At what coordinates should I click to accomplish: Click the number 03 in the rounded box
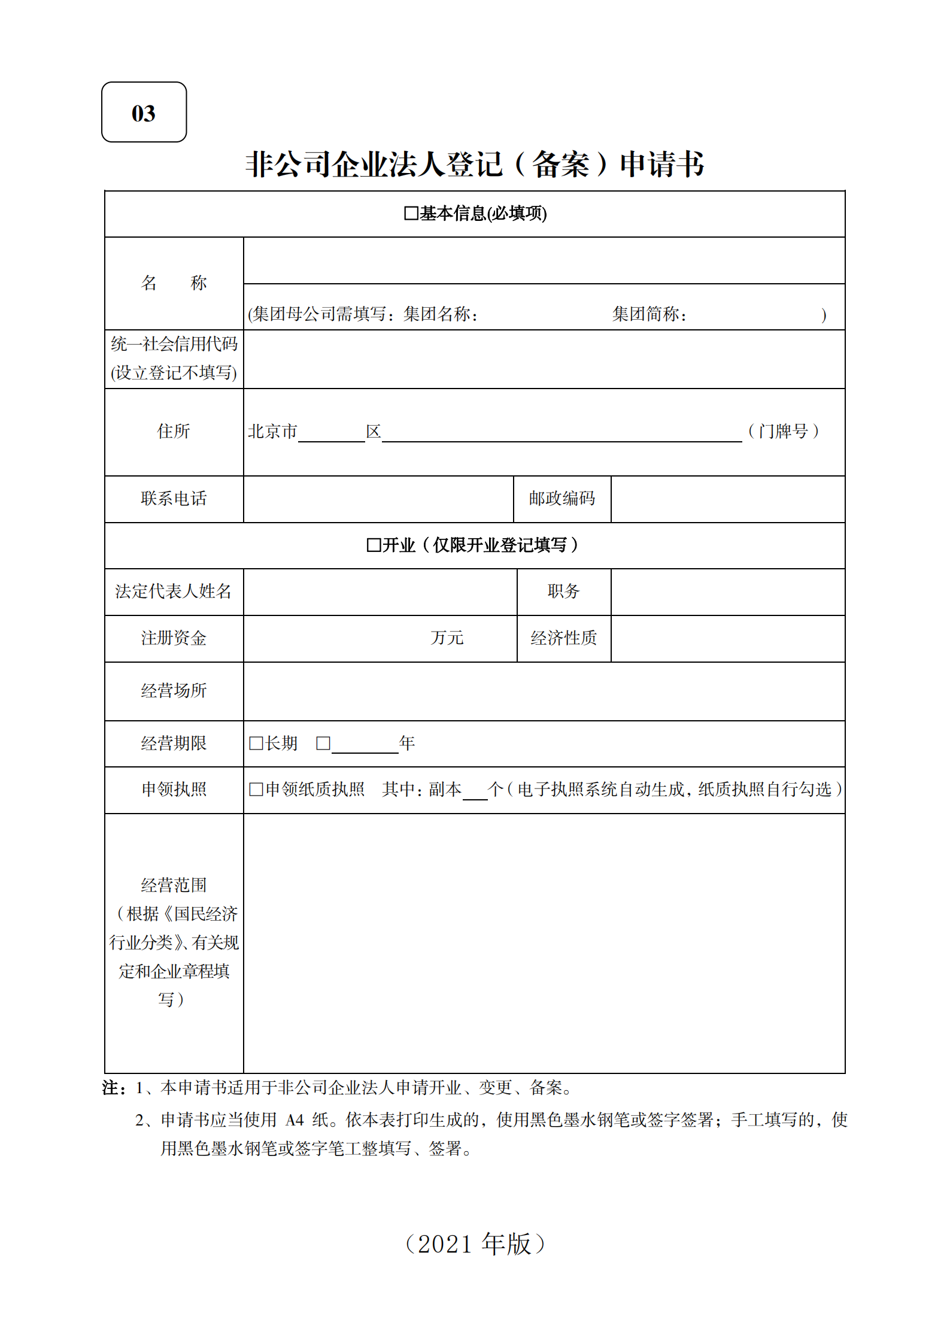[x=144, y=113]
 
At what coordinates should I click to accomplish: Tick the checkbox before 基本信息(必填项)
[x=411, y=213]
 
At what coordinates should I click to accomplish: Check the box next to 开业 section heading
[x=374, y=545]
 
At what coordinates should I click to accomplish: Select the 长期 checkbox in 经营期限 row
[x=256, y=743]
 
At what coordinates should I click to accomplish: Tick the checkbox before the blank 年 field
[x=323, y=743]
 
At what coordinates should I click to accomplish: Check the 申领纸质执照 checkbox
[x=256, y=789]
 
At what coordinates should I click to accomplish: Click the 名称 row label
[x=174, y=283]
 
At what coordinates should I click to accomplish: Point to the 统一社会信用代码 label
[x=174, y=344]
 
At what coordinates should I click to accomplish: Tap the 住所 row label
[x=174, y=431]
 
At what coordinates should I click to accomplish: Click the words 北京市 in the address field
[x=272, y=431]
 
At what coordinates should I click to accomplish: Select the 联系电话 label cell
[x=174, y=498]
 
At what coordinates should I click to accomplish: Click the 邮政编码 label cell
[x=561, y=498]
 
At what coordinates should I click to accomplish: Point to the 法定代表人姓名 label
[x=174, y=591]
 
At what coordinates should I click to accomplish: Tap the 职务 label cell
[x=563, y=591]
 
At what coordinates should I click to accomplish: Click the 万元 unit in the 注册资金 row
[x=447, y=638]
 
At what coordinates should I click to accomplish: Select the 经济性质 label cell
[x=563, y=638]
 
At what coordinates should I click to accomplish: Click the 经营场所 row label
[x=174, y=690]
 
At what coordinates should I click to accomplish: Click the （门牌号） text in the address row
[x=783, y=431]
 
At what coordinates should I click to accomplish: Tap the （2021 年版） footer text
[x=475, y=1243]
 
